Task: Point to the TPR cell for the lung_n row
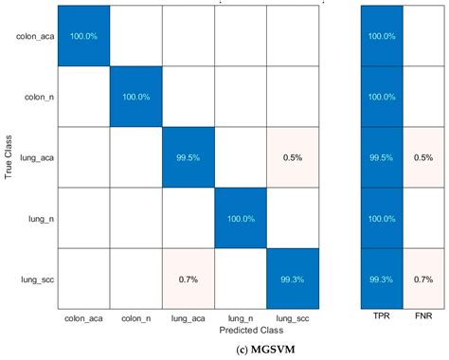point(383,220)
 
